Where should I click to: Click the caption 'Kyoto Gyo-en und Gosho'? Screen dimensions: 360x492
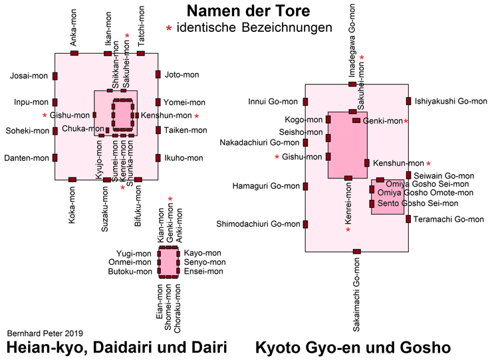(x=353, y=347)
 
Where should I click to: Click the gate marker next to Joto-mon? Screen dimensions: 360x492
(x=158, y=75)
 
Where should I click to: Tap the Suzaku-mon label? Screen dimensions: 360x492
(x=106, y=209)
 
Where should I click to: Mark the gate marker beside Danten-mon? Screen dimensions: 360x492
(x=55, y=158)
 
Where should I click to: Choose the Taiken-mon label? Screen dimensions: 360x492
(x=185, y=130)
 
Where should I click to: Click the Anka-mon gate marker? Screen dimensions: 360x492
(x=74, y=52)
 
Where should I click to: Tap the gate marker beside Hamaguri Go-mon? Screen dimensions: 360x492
(x=305, y=186)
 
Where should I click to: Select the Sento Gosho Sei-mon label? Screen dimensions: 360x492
(x=418, y=203)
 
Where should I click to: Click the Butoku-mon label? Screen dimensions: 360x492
(x=134, y=271)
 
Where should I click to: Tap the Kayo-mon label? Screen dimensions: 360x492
(x=202, y=253)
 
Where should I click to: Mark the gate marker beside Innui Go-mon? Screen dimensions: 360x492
(x=305, y=102)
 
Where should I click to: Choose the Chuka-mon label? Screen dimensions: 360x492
(x=80, y=128)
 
